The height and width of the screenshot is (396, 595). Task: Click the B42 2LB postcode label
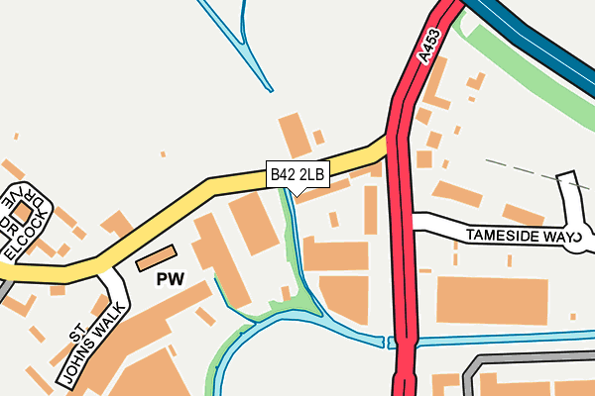click(297, 174)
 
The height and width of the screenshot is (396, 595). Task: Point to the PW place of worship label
click(171, 280)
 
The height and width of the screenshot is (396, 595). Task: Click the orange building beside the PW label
click(154, 258)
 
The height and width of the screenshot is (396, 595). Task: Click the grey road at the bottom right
click(526, 361)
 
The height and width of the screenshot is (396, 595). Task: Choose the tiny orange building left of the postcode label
click(164, 154)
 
